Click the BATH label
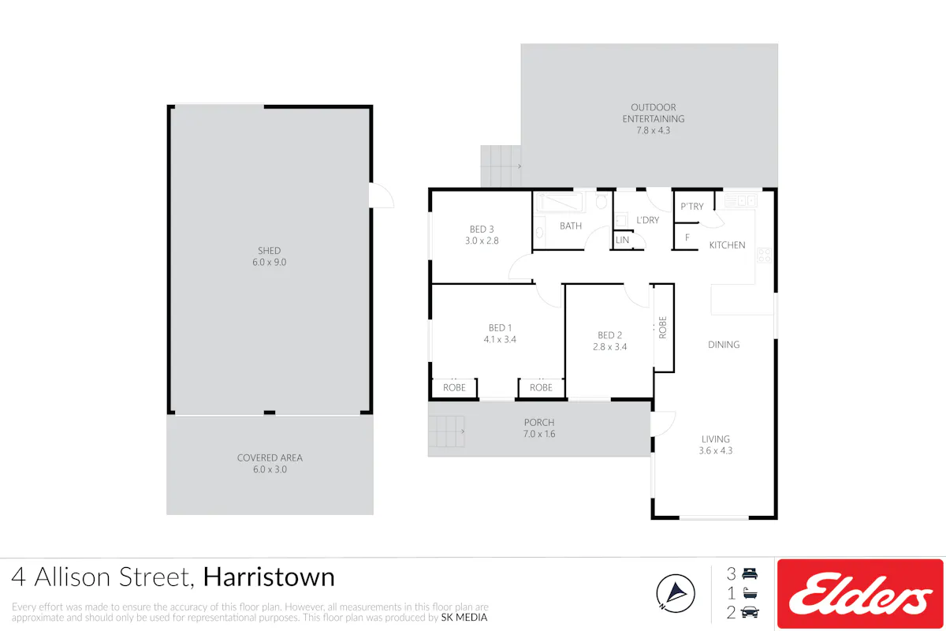[571, 226]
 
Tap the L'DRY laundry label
[647, 220]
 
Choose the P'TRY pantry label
[692, 207]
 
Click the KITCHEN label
[727, 245]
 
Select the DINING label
[724, 345]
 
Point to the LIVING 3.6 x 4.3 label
[716, 445]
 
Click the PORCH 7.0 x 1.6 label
[539, 428]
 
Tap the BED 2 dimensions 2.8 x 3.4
[609, 347]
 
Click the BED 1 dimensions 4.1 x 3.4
[500, 339]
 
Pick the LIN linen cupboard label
[622, 240]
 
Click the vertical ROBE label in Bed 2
[662, 327]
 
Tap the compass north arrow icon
[676, 593]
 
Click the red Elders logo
[860, 594]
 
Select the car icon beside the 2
[750, 612]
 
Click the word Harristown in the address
[269, 577]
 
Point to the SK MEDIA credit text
[464, 618]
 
